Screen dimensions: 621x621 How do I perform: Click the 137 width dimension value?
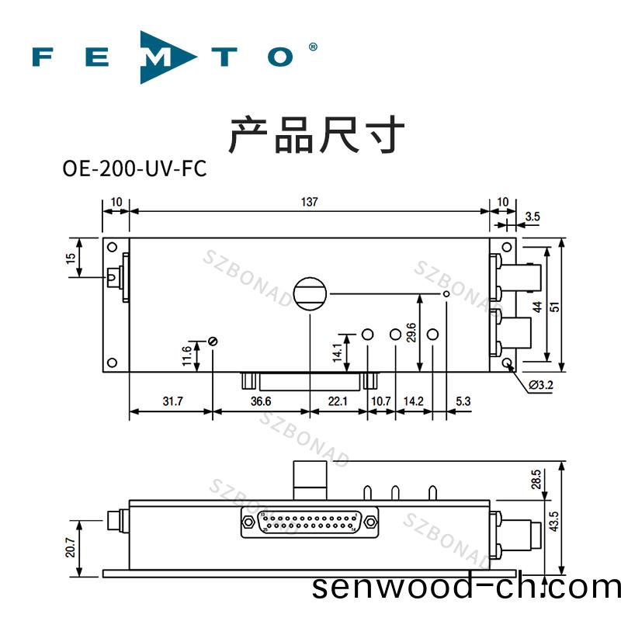pyautogui.click(x=309, y=203)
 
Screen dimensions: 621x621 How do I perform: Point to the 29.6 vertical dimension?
pyautogui.click(x=411, y=331)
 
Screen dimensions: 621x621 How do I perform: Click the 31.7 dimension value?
pyautogui.click(x=172, y=401)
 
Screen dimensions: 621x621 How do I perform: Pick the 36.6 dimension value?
pyautogui.click(x=261, y=401)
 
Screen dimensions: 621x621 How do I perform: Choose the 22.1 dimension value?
pyautogui.click(x=338, y=401)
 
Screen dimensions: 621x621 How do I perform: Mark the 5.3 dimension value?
pyautogui.click(x=464, y=401)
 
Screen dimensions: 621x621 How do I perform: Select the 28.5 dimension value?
pyautogui.click(x=536, y=479)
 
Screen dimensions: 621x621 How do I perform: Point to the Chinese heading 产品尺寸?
pyautogui.click(x=317, y=134)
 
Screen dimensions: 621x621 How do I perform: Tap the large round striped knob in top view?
pyautogui.click(x=310, y=294)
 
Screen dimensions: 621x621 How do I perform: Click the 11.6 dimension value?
pyautogui.click(x=186, y=356)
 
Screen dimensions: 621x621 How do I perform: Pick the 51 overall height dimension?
pyautogui.click(x=554, y=307)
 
